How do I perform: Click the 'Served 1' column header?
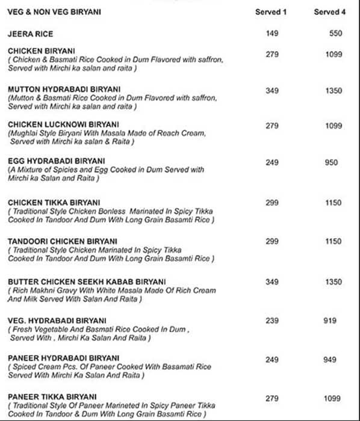coord(272,12)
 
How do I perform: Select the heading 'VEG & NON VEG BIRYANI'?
coord(54,12)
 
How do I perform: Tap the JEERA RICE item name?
coord(31,34)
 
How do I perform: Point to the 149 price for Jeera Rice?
coord(272,34)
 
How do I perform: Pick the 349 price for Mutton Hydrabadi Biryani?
coord(272,91)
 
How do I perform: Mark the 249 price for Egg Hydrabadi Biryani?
coord(272,163)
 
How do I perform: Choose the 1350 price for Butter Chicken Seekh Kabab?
coord(334,282)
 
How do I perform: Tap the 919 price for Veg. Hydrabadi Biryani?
coord(330,321)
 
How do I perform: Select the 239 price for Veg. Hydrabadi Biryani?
coord(272,321)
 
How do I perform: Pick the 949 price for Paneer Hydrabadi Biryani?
coord(330,360)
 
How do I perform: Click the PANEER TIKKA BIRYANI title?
coord(52,397)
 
